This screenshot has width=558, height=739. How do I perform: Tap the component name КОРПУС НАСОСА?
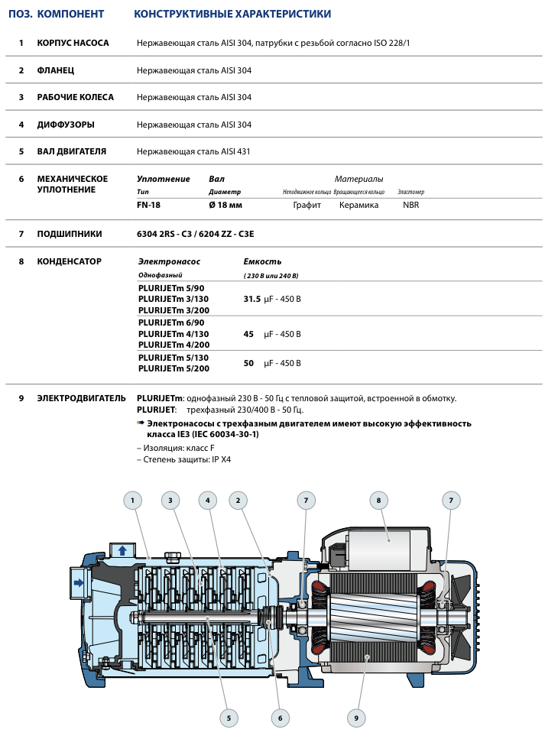pos(73,43)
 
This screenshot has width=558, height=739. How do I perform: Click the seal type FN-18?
pos(148,205)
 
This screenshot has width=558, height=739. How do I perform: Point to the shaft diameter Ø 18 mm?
pos(225,205)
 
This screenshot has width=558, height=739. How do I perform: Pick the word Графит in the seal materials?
pos(307,205)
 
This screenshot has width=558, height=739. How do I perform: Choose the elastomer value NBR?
pos(411,205)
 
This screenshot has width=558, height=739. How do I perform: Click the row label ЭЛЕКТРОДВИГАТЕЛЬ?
pos(81,398)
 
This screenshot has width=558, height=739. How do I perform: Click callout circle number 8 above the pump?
pos(378,501)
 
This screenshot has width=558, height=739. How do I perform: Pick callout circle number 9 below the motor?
pos(356,718)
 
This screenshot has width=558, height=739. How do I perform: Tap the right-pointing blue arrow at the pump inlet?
pos(79,582)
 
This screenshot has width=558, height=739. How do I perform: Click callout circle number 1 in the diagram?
pos(133,501)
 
